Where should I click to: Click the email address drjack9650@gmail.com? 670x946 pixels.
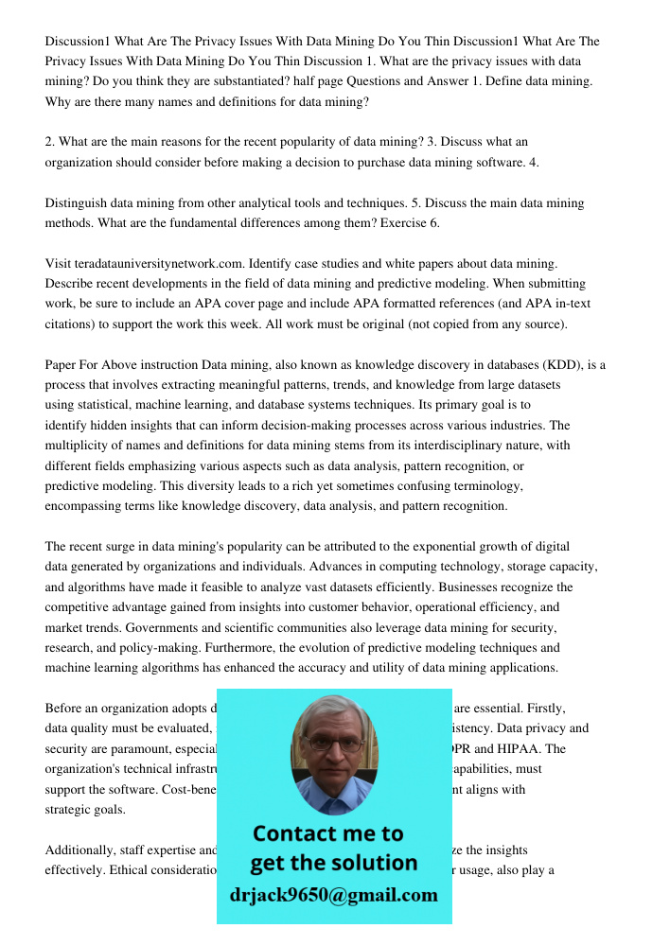pyautogui.click(x=334, y=895)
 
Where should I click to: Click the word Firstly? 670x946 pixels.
pyautogui.click(x=543, y=708)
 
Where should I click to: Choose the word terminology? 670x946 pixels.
pyautogui.click(x=474, y=486)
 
